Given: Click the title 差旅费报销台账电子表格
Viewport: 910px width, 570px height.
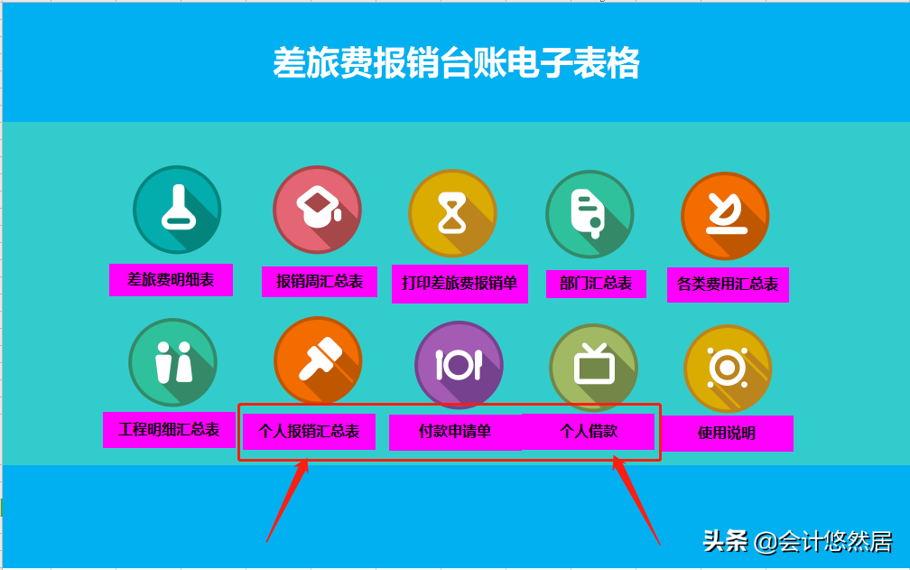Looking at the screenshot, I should [x=456, y=64].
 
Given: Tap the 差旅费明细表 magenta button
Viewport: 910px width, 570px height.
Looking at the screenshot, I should [x=171, y=280].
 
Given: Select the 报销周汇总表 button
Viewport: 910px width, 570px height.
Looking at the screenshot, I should [x=320, y=282].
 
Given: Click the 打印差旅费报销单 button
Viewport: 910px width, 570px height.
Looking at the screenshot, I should [x=460, y=284].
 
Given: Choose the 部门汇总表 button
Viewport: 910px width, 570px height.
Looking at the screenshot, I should [x=596, y=283].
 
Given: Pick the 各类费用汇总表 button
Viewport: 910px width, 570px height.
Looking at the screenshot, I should [x=728, y=284].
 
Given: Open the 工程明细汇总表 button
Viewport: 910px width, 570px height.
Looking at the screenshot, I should [x=170, y=429].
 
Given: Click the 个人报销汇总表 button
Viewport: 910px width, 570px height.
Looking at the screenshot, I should [x=309, y=432].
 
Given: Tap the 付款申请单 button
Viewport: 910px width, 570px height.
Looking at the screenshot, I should [x=455, y=432].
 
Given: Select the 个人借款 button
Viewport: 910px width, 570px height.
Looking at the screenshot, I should [x=589, y=431].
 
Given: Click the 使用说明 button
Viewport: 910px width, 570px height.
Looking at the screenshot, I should [x=727, y=433].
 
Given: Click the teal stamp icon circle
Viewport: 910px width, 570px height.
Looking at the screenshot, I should [x=177, y=210].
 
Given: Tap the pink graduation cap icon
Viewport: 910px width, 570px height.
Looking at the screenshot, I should [x=318, y=210].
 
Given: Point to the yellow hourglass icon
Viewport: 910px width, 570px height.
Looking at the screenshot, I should [x=453, y=214].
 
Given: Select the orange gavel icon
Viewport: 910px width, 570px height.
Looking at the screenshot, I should [x=318, y=360].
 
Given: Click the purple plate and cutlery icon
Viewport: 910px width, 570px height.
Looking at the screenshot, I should [x=459, y=365].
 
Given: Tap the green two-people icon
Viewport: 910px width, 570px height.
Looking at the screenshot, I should [x=173, y=362].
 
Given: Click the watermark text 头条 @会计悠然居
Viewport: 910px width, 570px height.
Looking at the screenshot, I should [x=797, y=541].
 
